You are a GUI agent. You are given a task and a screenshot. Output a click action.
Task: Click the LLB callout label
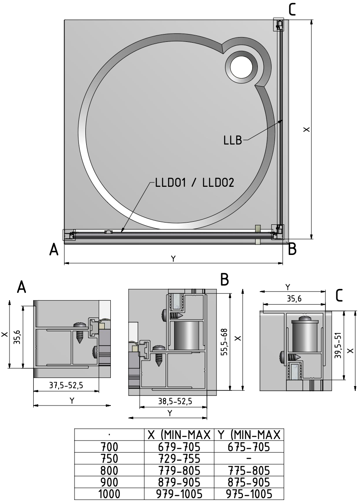click(x=233, y=140)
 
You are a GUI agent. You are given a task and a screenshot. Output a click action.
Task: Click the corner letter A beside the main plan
click(x=54, y=249)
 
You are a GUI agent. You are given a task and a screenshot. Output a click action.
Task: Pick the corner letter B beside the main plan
click(x=292, y=249)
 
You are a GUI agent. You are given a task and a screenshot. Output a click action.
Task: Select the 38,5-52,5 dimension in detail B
click(x=175, y=401)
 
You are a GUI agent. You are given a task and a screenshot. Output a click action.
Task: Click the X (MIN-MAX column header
click(x=178, y=434)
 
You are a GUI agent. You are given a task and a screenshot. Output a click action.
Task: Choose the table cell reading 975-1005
click(x=248, y=493)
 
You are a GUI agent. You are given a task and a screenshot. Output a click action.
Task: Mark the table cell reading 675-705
click(x=248, y=446)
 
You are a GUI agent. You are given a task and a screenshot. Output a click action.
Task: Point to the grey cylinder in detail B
click(x=188, y=335)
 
